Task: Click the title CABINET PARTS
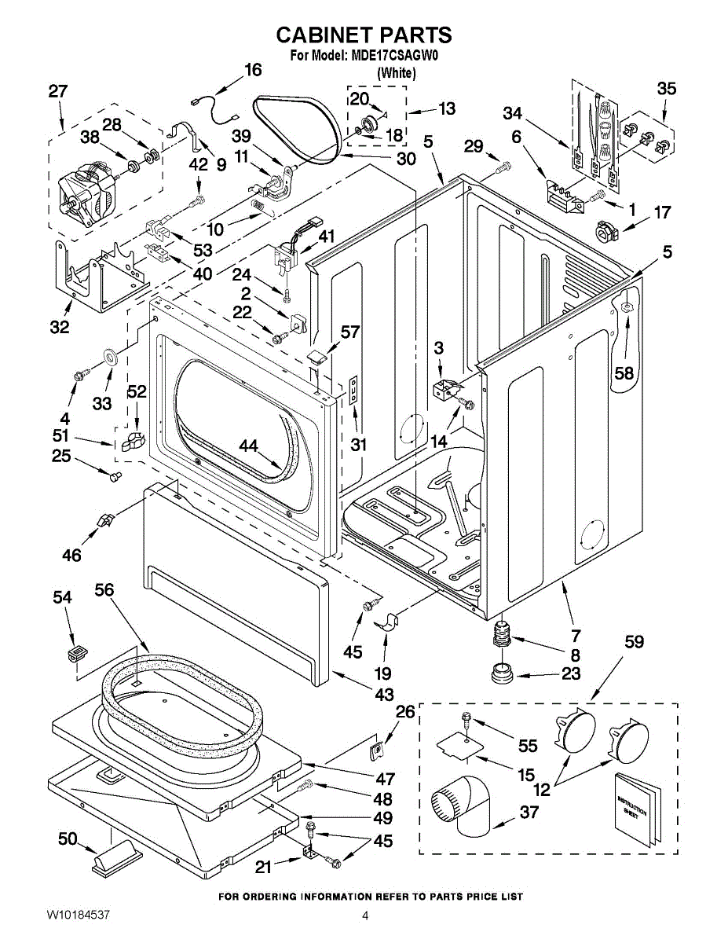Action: pos(364,35)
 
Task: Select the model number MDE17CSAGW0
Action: pos(386,56)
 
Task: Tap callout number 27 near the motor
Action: pos(57,92)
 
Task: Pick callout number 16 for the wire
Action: pos(252,70)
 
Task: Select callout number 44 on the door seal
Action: pos(249,446)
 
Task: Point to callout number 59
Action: pos(634,642)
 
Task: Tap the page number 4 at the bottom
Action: pos(365,915)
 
